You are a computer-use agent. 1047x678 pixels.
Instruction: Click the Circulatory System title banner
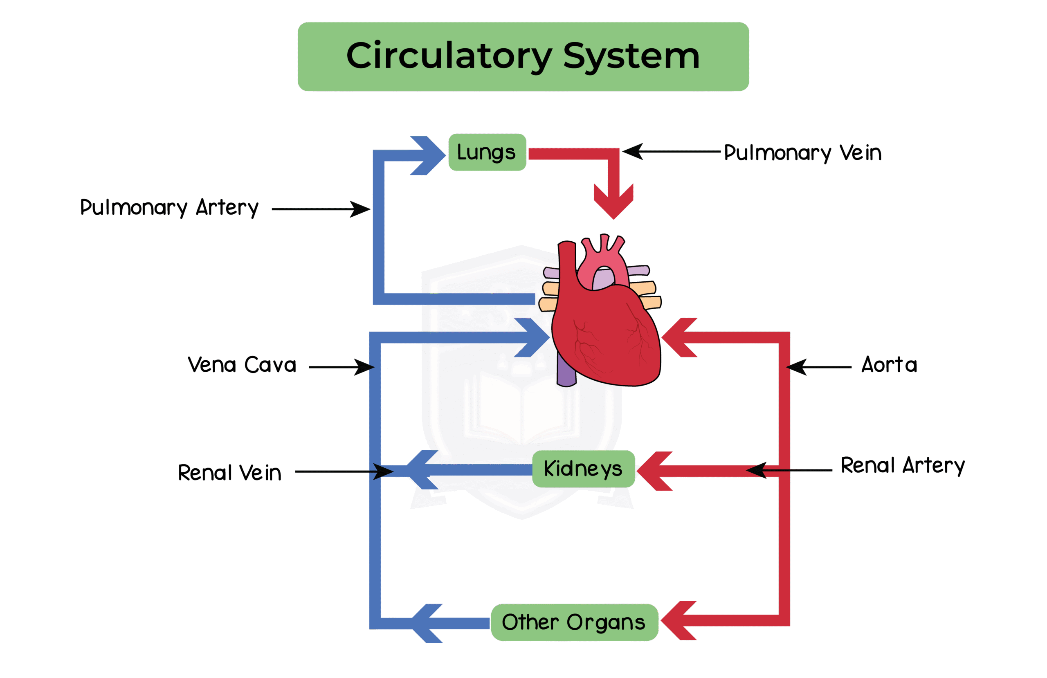click(523, 56)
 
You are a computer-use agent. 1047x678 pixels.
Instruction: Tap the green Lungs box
click(487, 152)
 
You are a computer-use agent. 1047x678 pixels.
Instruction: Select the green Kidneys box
click(583, 469)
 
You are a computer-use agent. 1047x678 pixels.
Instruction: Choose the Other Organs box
click(574, 622)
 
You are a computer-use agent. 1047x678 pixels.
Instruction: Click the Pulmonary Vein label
click(802, 153)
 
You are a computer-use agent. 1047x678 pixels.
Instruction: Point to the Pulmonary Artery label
click(169, 208)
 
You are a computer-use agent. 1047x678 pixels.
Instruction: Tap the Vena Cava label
click(242, 365)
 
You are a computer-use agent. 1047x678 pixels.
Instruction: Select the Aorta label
click(889, 365)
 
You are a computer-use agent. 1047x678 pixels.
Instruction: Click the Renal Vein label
click(229, 473)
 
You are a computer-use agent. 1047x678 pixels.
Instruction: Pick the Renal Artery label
click(902, 465)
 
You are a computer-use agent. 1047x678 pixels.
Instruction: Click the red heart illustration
click(607, 330)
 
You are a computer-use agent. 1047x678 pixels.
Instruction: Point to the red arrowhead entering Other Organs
click(677, 620)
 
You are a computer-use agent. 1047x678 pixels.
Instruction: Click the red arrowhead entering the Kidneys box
click(653, 471)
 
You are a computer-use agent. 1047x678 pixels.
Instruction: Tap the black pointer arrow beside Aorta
click(818, 366)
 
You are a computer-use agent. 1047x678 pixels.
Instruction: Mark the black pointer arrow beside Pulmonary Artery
click(321, 209)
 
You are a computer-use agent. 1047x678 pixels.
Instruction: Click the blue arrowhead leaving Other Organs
click(427, 623)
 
